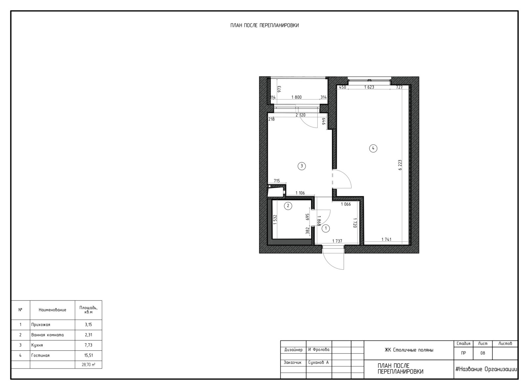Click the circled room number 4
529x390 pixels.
pyautogui.click(x=373, y=148)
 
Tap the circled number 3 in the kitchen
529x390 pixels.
pyautogui.click(x=302, y=166)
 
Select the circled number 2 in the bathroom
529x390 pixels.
pyautogui.click(x=288, y=206)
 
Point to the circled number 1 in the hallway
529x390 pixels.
pyautogui.click(x=326, y=228)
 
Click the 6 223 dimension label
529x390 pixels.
pyautogui.click(x=400, y=165)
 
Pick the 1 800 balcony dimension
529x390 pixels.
pyautogui.click(x=296, y=97)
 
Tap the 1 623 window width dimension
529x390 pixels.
pyautogui.click(x=369, y=87)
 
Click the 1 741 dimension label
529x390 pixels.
pyautogui.click(x=387, y=239)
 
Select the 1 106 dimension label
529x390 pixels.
pyautogui.click(x=300, y=193)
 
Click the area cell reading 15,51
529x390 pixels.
pyautogui.click(x=89, y=355)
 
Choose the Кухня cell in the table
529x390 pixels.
pyautogui.click(x=37, y=345)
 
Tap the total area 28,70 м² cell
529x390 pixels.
pyautogui.click(x=89, y=365)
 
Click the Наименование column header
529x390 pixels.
pyautogui.click(x=53, y=310)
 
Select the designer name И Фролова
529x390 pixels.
pyautogui.click(x=319, y=350)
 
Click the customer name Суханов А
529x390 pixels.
pyautogui.click(x=318, y=363)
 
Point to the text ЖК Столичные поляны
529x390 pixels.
pyautogui.click(x=409, y=350)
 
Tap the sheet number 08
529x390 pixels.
pyautogui.click(x=483, y=353)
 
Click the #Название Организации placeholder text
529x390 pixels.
pyautogui.click(x=486, y=370)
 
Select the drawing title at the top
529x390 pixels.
pyautogui.click(x=264, y=25)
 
